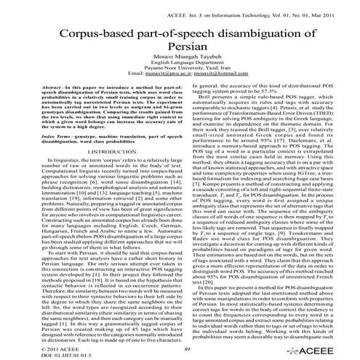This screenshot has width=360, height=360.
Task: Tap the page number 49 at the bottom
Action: [x=187, y=349]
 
